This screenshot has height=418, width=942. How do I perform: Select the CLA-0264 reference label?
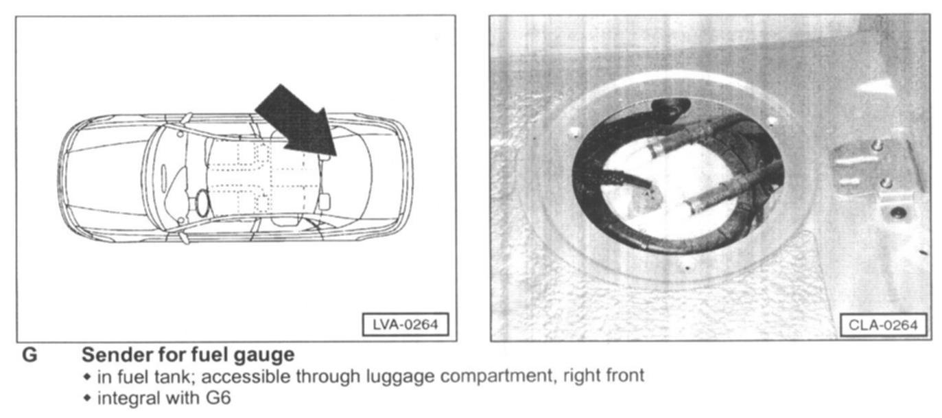[882, 324]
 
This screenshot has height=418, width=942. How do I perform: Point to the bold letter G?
[30, 356]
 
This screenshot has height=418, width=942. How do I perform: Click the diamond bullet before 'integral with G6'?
[86, 397]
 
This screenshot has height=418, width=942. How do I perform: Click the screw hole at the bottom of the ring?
[687, 267]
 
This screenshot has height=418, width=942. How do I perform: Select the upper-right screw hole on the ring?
[772, 121]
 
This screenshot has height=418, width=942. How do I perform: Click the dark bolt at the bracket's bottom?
[896, 213]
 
